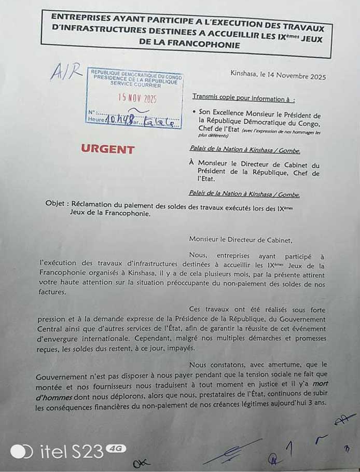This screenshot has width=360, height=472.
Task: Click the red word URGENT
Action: pos(107,149)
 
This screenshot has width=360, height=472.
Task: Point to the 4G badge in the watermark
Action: pos(116,448)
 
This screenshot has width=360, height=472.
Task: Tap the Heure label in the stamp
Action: pos(96,119)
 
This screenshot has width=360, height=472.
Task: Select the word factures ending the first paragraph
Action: pos(51,292)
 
